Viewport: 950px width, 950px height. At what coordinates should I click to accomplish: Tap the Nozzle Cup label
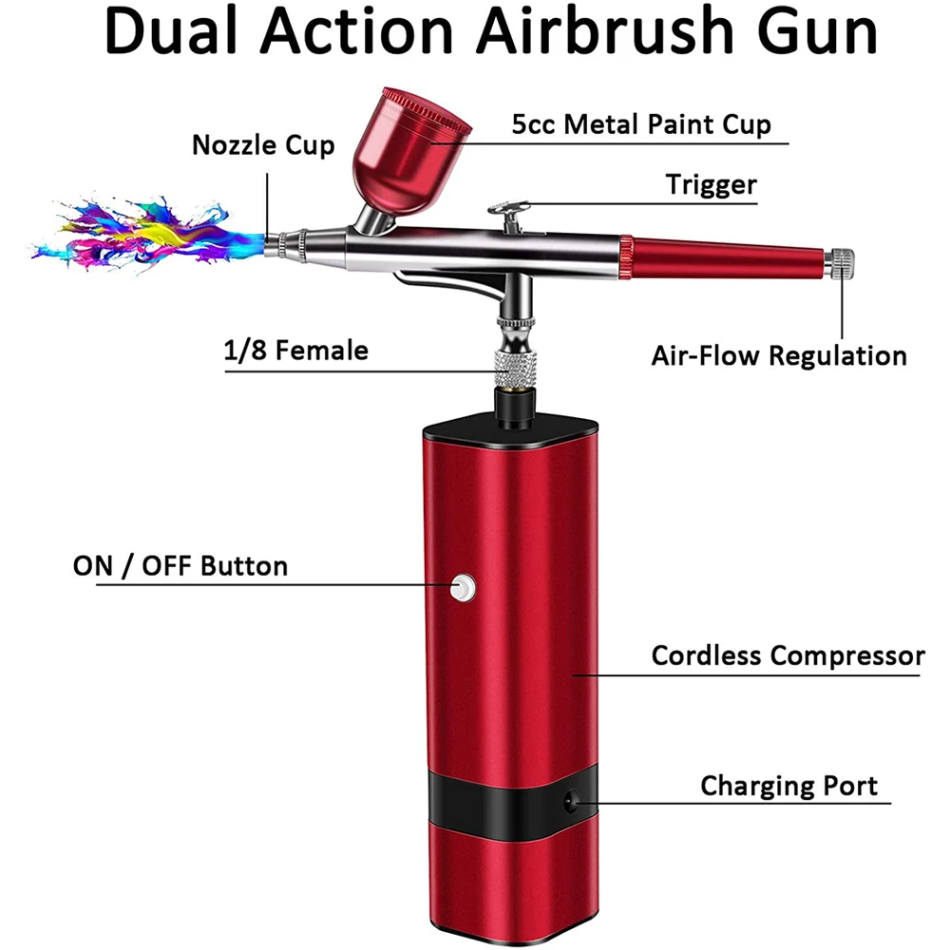(263, 145)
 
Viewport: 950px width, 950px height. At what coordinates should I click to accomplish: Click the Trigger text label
(712, 183)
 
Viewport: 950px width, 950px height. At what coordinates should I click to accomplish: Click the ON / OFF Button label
(180, 566)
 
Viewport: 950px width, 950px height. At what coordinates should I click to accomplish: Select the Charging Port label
(789, 786)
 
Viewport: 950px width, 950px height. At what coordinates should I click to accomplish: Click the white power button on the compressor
(463, 588)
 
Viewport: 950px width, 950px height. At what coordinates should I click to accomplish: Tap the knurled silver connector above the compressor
(512, 365)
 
